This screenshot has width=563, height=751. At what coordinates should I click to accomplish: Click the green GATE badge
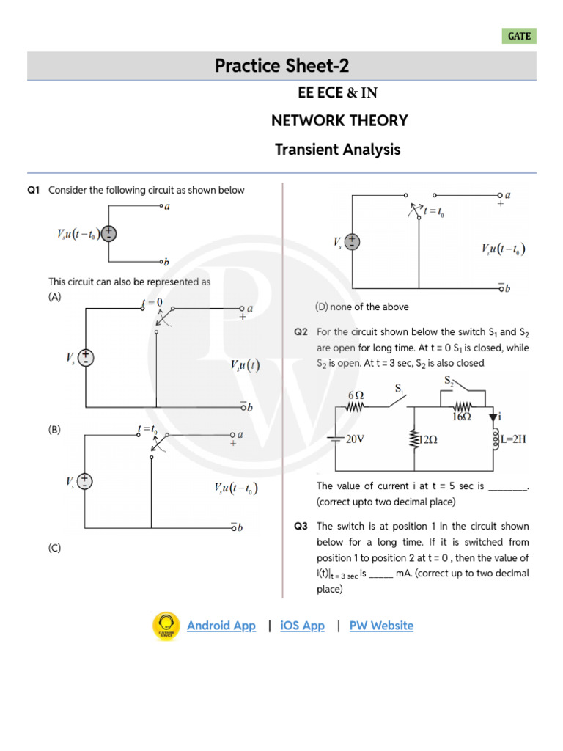(519, 36)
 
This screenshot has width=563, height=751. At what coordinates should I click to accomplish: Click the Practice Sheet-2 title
(281, 66)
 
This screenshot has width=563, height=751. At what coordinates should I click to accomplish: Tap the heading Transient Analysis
(338, 150)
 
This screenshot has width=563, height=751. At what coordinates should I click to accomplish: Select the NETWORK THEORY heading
(339, 121)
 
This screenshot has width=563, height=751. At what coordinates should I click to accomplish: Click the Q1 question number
(33, 191)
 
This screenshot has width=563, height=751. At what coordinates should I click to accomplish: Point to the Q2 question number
(301, 332)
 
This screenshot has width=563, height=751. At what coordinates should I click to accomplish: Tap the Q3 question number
(301, 526)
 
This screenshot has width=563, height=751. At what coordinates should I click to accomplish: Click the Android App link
(221, 626)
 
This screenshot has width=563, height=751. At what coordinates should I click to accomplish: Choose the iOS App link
(302, 626)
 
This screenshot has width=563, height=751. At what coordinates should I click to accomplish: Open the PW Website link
(381, 626)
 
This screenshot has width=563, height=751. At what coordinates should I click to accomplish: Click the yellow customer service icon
(166, 626)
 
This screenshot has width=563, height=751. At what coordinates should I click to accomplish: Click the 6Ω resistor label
(356, 394)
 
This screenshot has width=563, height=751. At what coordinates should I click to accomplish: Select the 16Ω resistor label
(461, 416)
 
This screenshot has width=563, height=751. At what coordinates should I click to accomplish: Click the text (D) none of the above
(361, 307)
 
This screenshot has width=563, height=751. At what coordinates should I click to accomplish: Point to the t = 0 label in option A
(152, 302)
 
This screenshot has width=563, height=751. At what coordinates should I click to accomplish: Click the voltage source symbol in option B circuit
(87, 481)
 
